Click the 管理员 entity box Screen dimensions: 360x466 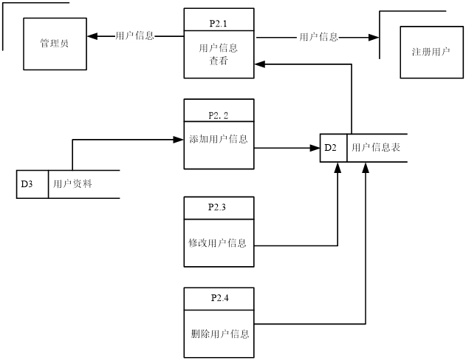(55, 44)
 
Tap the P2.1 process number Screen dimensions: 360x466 (218, 23)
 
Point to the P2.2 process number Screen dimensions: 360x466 (218, 115)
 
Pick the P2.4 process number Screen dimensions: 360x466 (219, 298)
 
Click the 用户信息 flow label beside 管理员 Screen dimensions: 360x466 (135, 35)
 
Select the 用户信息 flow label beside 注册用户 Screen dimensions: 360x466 (318, 37)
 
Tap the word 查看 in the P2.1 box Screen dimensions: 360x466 (218, 62)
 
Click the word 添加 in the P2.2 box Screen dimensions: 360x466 (199, 139)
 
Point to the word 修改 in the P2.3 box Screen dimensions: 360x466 (197, 243)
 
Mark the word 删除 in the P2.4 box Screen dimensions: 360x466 (200, 334)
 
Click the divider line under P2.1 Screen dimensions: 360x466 (219, 31)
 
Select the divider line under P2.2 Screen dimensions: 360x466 (219, 121)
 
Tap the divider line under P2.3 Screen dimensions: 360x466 (219, 220)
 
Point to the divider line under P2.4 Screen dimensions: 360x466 (219, 310)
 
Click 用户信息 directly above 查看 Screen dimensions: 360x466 (219, 49)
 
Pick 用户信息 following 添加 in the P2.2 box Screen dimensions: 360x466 (228, 139)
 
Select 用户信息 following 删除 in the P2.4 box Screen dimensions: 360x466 (230, 334)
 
